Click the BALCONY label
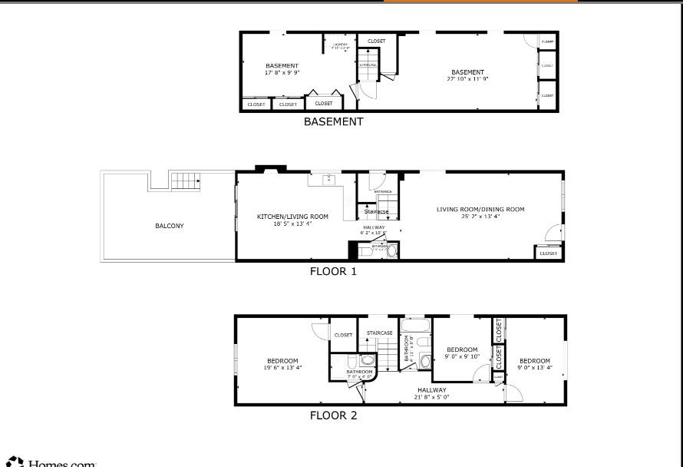(169, 226)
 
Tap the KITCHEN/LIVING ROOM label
(292, 217)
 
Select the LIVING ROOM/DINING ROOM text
(480, 209)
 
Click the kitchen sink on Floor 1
(328, 181)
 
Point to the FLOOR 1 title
(333, 271)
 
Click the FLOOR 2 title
(333, 416)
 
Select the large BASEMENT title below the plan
(333, 121)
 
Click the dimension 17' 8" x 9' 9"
(282, 73)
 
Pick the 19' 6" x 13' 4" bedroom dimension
(282, 368)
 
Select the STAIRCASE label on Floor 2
(380, 333)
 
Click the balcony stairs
(185, 181)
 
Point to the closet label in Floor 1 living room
(549, 253)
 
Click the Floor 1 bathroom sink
(392, 250)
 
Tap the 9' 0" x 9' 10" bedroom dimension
(462, 356)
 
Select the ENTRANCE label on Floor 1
(383, 191)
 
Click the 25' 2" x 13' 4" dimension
(480, 217)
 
